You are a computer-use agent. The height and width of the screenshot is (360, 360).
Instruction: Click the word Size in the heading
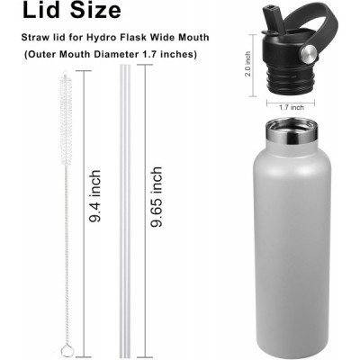coord(95,10)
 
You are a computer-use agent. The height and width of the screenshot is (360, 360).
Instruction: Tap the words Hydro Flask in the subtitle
coord(116,38)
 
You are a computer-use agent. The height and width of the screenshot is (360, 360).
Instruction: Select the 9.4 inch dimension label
coord(94,196)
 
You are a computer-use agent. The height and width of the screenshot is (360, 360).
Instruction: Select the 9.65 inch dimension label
coord(157,197)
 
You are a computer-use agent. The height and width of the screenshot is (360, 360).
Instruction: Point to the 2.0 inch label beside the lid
coord(247,64)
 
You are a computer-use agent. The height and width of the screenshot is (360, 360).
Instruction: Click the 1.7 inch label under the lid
coord(292,107)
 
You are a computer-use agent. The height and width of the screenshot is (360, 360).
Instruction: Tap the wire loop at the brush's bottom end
coord(65,350)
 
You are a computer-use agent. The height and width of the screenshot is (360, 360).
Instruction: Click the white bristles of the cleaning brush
coord(66,119)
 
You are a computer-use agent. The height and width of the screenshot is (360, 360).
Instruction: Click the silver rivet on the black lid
coord(309,54)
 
